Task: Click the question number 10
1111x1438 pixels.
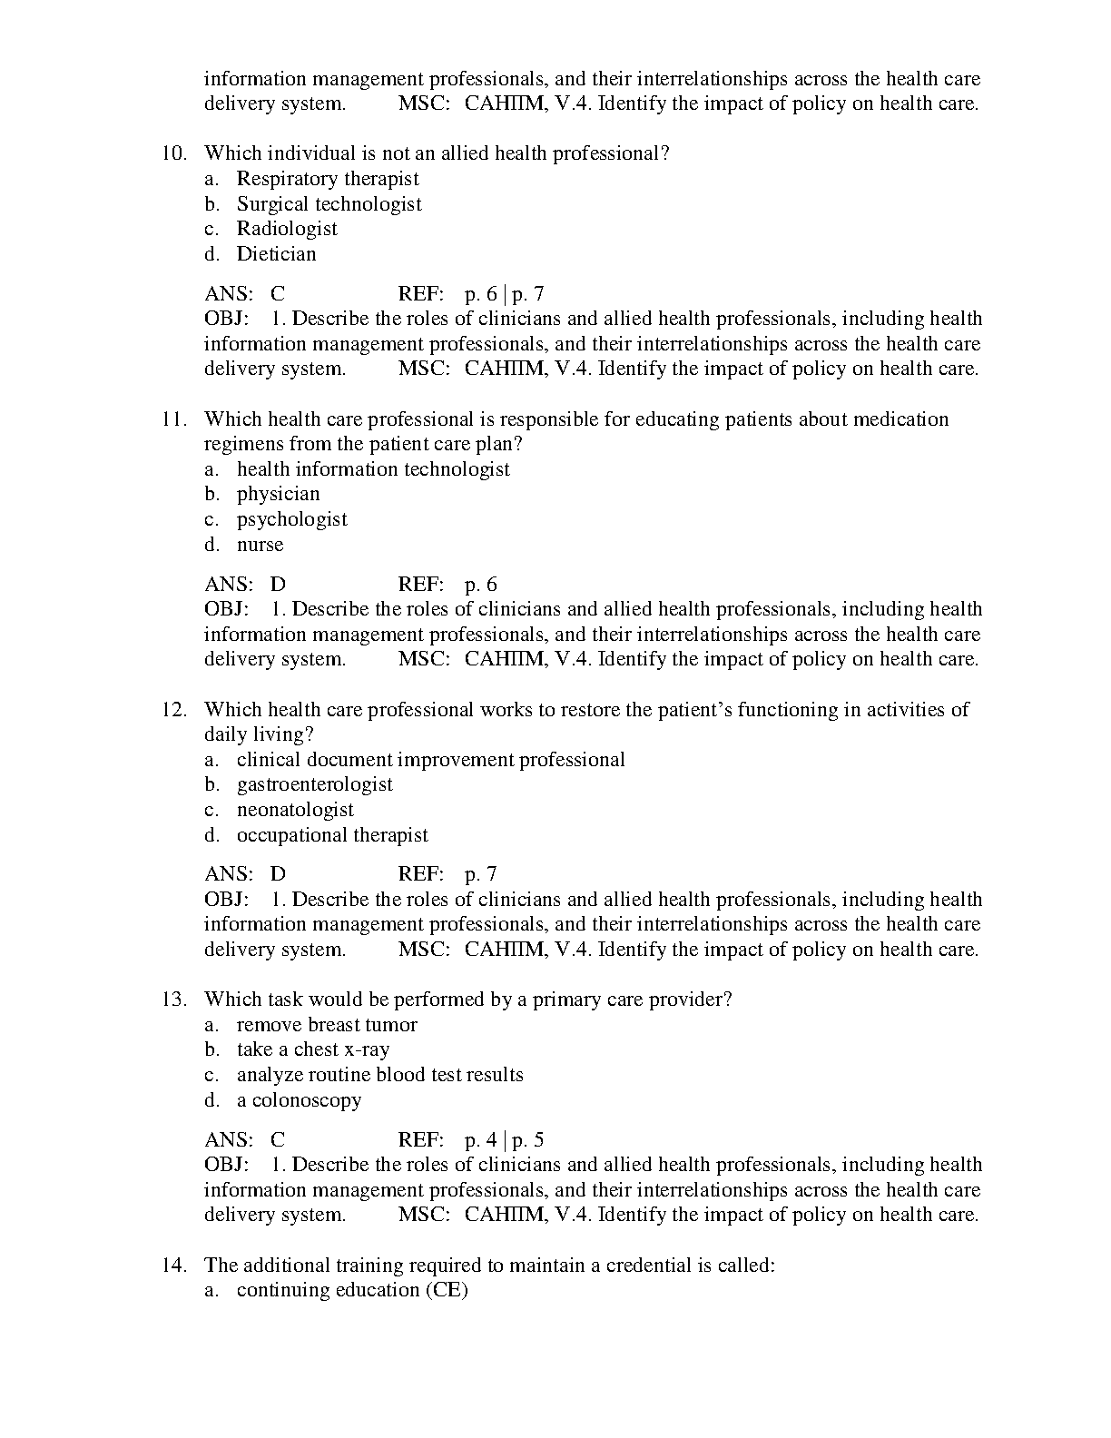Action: click(174, 153)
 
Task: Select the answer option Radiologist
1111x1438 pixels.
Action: click(287, 229)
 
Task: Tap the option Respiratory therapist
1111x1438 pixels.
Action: click(328, 179)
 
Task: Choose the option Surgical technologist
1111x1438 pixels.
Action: click(329, 204)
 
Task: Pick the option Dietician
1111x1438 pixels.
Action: click(277, 254)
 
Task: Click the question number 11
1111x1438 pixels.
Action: click(174, 419)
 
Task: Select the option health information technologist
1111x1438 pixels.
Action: click(373, 469)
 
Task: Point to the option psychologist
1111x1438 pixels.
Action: click(292, 519)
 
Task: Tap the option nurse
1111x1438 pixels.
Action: click(261, 545)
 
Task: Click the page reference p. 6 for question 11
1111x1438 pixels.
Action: click(481, 585)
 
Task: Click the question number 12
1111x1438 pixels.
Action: click(174, 710)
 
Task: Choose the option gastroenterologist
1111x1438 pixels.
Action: click(315, 784)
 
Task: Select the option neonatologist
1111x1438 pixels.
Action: click(295, 810)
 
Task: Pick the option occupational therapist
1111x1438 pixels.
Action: click(332, 835)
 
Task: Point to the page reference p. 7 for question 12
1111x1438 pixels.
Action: click(481, 874)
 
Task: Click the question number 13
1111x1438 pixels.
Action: click(174, 1000)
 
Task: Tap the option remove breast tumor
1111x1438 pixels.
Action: click(327, 1025)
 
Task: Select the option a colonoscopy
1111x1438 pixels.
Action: click(299, 1100)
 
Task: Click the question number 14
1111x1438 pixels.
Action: click(174, 1265)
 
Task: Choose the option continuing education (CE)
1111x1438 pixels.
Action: click(352, 1290)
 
